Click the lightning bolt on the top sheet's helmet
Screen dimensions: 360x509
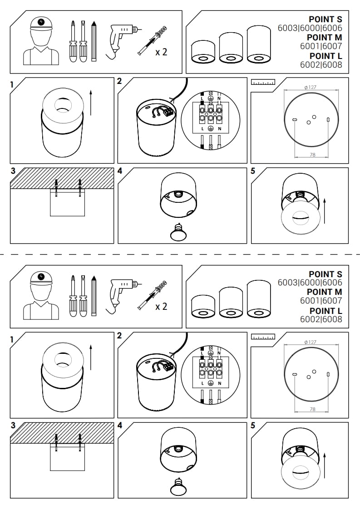pyautogui.click(x=41, y=22)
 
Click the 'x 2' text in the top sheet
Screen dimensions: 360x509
pyautogui.click(x=161, y=52)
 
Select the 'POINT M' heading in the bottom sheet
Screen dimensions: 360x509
pyautogui.click(x=324, y=292)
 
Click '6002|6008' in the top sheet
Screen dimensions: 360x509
pyautogui.click(x=321, y=64)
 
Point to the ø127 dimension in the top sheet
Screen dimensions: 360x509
pyautogui.click(x=310, y=87)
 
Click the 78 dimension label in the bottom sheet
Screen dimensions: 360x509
pyautogui.click(x=313, y=409)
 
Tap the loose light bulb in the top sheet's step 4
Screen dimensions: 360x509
pyautogui.click(x=178, y=233)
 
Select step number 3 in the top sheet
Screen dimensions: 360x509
pyautogui.click(x=13, y=171)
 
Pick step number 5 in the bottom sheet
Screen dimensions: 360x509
pyautogui.click(x=253, y=426)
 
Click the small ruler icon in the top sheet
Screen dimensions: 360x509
pyautogui.click(x=263, y=82)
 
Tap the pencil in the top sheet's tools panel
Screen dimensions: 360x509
pyautogui.click(x=94, y=41)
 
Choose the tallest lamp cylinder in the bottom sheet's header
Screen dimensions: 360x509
pyautogui.click(x=259, y=299)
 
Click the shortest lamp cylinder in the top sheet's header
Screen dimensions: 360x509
pyautogui.click(x=203, y=52)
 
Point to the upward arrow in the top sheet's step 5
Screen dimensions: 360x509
pyautogui.click(x=324, y=211)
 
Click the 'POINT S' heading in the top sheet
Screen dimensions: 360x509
pyautogui.click(x=325, y=20)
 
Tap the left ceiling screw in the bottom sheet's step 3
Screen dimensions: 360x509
pyautogui.click(x=56, y=442)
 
